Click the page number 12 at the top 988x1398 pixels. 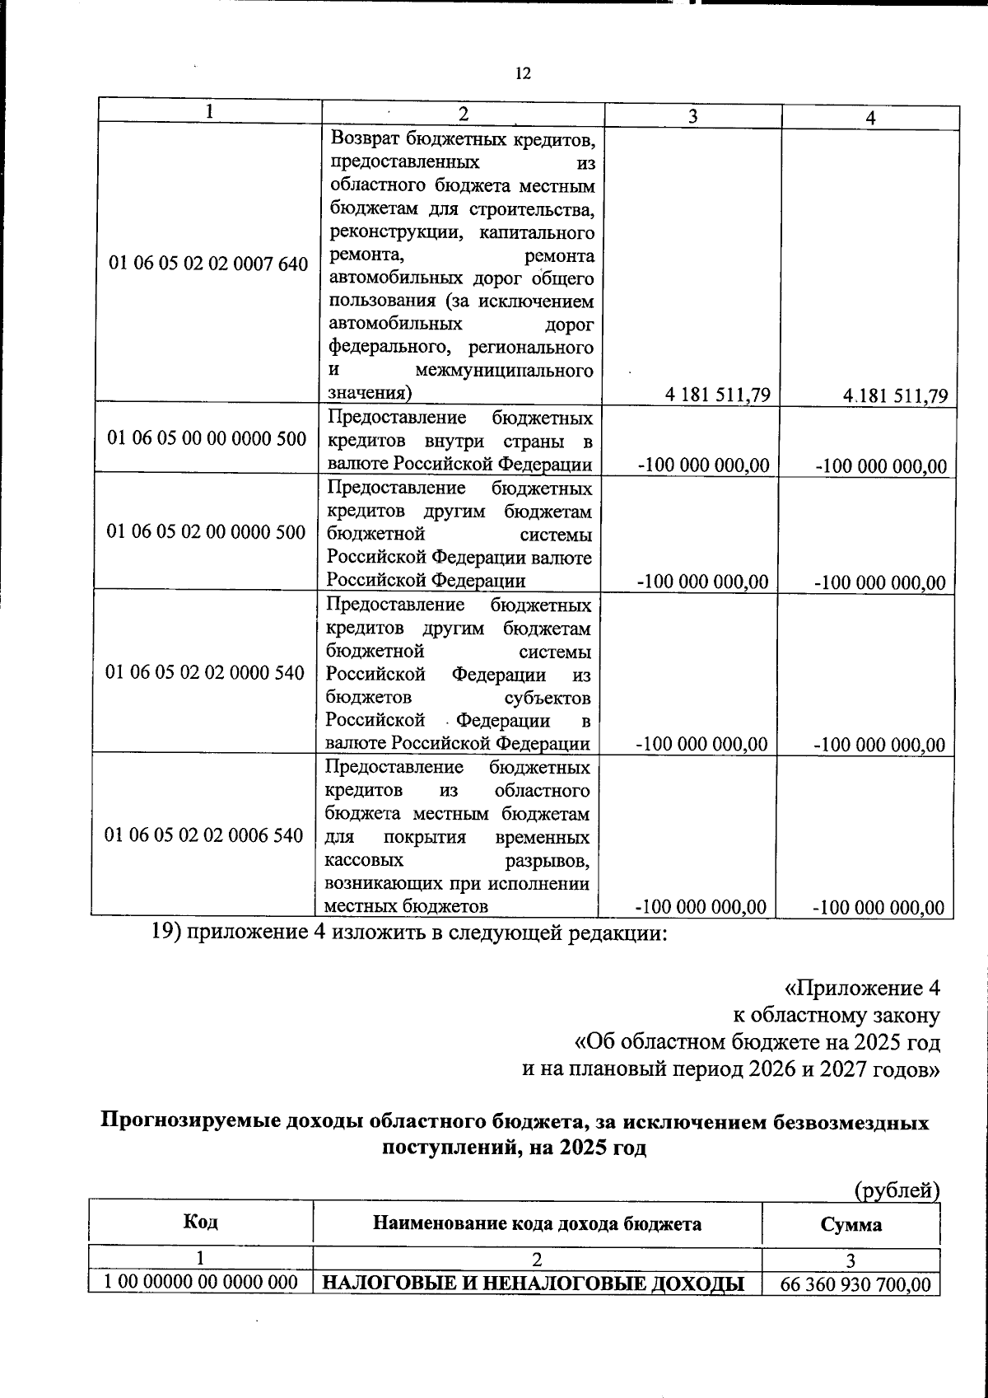523,73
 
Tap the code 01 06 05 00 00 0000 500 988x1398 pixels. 207,438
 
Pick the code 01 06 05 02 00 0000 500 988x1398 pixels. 207,532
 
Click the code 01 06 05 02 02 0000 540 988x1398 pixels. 206,672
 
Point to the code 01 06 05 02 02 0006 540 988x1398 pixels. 205,835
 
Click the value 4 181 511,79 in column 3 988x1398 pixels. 719,395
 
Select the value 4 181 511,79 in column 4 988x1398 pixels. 896,395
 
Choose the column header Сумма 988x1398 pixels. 851,1224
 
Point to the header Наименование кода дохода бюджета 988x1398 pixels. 538,1223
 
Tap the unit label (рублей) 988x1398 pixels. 897,1190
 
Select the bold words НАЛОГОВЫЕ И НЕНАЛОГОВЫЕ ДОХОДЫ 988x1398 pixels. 533,1284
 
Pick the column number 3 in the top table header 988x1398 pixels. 693,116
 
